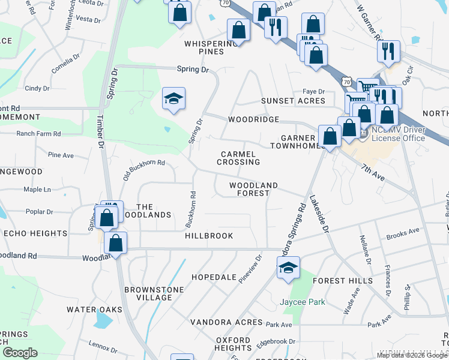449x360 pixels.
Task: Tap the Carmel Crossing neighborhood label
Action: (238, 158)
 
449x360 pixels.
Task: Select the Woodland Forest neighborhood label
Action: (253, 189)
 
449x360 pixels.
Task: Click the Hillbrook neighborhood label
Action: (209, 236)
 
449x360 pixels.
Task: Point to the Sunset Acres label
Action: (292, 101)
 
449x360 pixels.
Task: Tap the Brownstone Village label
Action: (154, 293)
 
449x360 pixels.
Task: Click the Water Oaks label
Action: (94, 310)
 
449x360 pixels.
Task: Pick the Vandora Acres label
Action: (226, 322)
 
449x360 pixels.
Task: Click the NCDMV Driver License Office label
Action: (398, 134)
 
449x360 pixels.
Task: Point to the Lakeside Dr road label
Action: (319, 213)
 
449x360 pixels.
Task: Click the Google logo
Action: (20, 352)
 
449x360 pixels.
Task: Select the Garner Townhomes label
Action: (292, 141)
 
